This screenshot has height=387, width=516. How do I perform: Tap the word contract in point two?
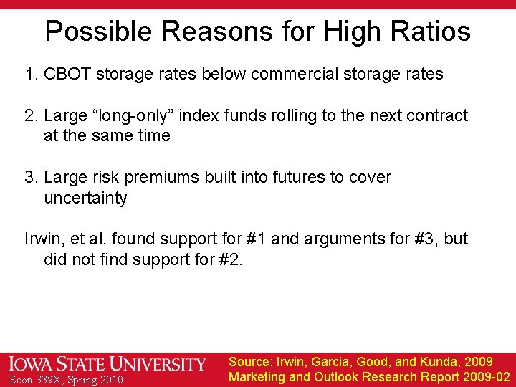pos(434,115)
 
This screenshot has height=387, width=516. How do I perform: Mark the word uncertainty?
pos(85,198)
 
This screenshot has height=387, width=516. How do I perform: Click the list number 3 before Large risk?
pos(29,177)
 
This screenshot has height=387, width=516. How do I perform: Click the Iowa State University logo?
pos(107,364)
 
